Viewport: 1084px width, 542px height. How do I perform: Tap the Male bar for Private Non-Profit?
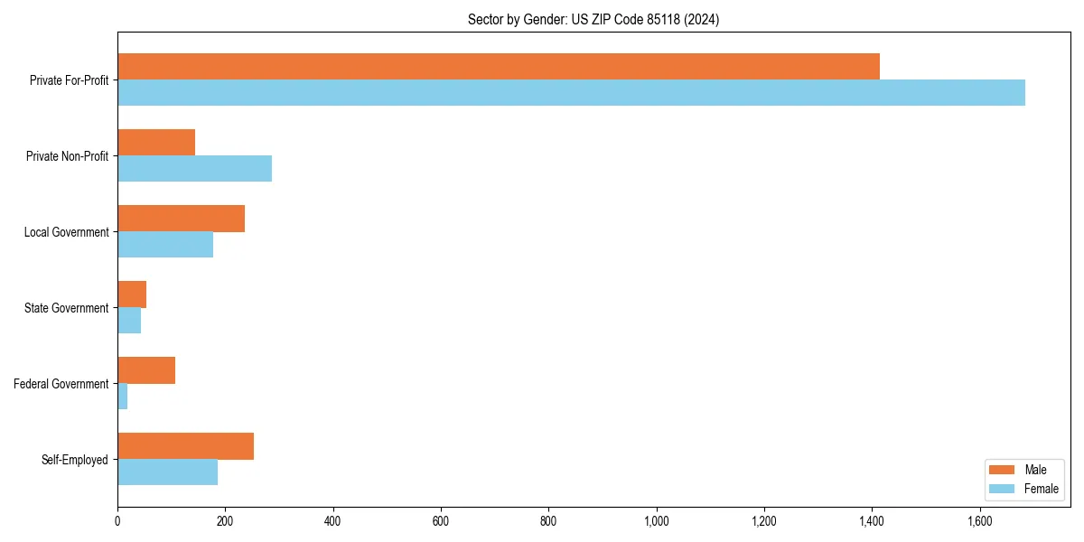[x=156, y=143]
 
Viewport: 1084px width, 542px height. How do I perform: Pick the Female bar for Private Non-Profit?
[x=194, y=169]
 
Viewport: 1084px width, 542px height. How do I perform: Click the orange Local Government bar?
[x=181, y=219]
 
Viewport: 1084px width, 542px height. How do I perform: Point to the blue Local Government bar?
[x=165, y=245]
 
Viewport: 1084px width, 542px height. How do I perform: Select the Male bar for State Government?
[x=132, y=294]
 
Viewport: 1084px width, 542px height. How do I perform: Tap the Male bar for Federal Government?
[x=146, y=370]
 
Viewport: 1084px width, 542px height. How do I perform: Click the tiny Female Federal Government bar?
[x=123, y=397]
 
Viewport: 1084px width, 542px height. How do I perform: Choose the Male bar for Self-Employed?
[x=185, y=446]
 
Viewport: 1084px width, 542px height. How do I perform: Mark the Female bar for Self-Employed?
[x=167, y=472]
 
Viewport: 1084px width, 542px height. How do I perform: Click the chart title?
[x=593, y=19]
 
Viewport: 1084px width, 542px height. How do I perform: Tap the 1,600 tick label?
[x=980, y=521]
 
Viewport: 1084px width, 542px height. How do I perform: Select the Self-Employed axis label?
[x=75, y=460]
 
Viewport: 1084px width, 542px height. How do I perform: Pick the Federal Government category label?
[x=61, y=384]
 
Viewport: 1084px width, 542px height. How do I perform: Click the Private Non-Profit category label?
[x=67, y=156]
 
